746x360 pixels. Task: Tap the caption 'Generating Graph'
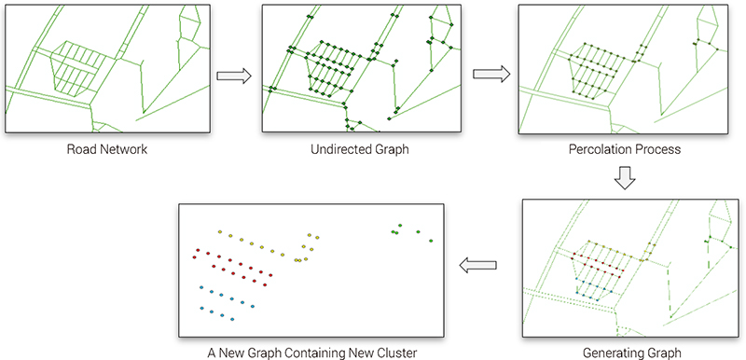[x=624, y=353]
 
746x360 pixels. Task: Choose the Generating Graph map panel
[x=624, y=268]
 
